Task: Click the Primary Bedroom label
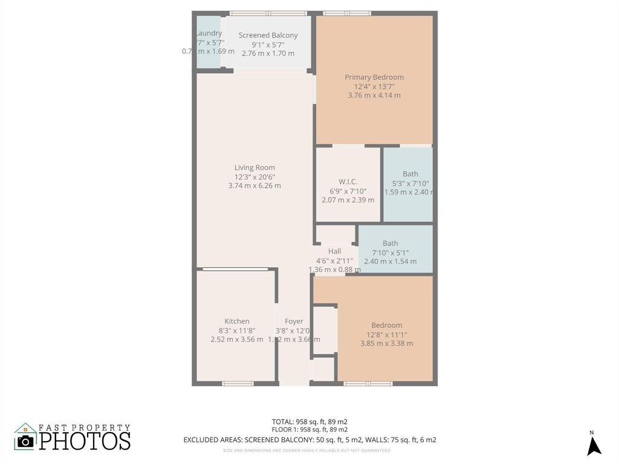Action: pos(374,77)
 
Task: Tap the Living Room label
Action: pos(254,168)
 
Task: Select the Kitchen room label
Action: pos(237,321)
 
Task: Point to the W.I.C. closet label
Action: pos(348,182)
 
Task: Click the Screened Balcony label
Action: pos(268,36)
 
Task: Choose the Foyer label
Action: pos(294,321)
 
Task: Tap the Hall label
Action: pos(334,251)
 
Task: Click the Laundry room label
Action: pos(209,33)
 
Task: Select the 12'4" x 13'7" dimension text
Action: pos(374,86)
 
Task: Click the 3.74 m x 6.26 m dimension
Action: pos(254,186)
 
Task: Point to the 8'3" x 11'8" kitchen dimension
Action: pos(237,330)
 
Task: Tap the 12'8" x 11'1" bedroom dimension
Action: pos(387,334)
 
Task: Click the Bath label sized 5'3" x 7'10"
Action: pos(410,174)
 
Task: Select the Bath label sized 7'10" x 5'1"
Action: pos(390,243)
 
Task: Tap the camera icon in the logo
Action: pos(25,440)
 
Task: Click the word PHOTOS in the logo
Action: pos(85,440)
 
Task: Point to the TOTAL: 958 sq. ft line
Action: pos(309,422)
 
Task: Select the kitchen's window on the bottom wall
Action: pos(238,383)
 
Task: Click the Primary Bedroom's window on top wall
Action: pos(347,13)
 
